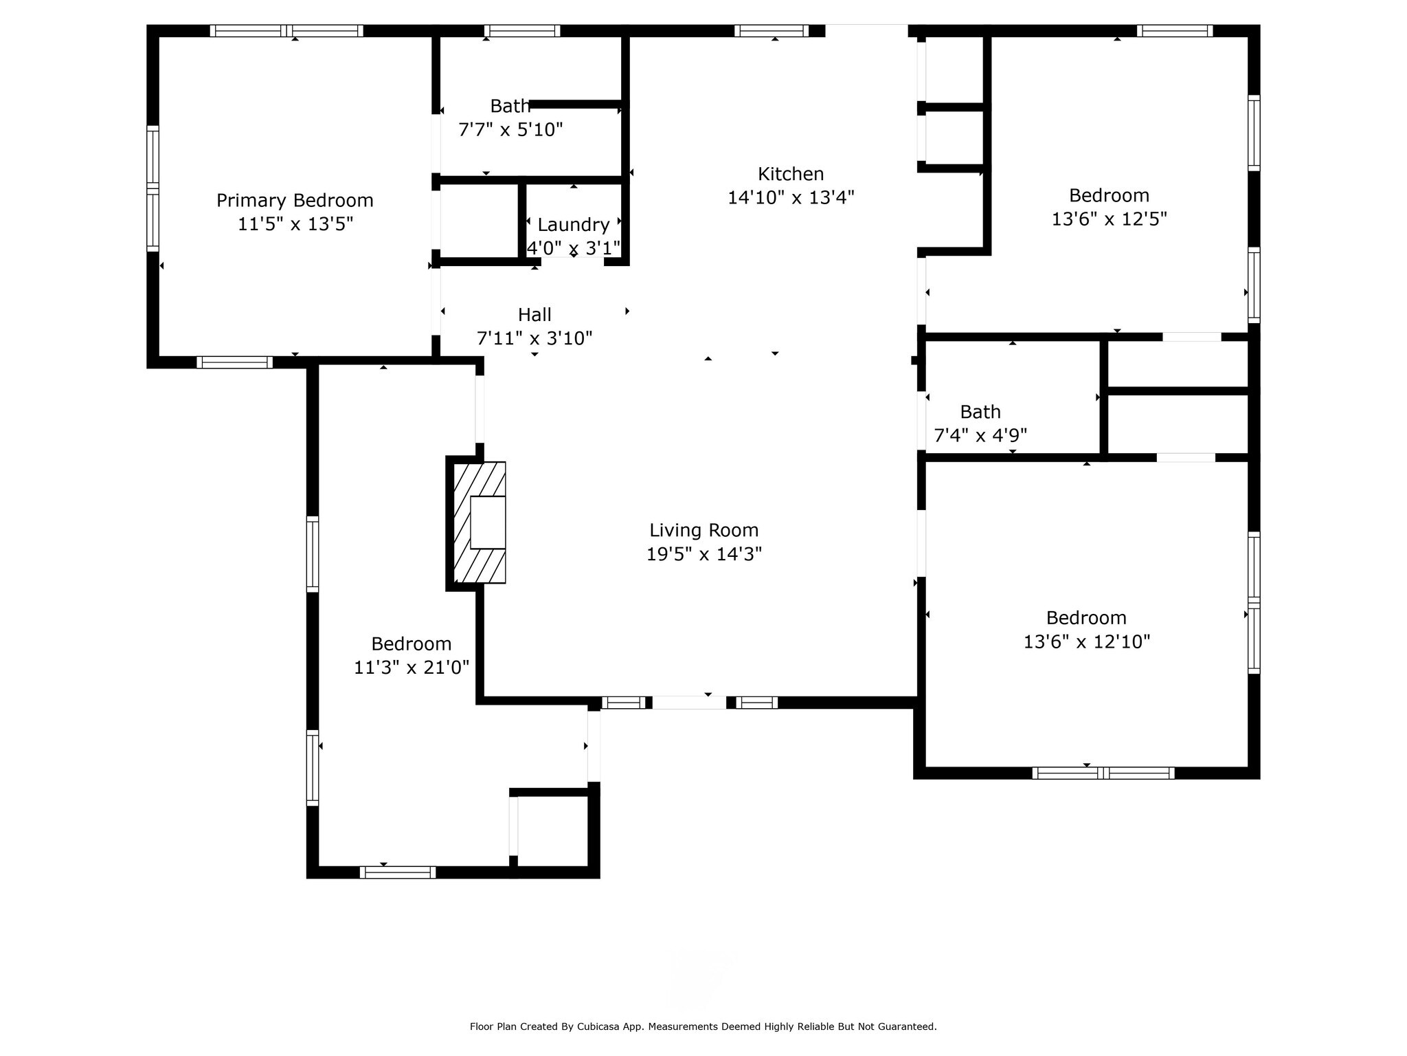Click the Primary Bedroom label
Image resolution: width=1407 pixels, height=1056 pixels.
tap(295, 201)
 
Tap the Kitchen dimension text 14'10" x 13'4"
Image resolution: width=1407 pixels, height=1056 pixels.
tap(791, 198)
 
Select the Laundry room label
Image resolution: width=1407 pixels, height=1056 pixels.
tap(574, 225)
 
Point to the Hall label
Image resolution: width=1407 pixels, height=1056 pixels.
tap(534, 315)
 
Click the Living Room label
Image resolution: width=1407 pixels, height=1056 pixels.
tap(704, 531)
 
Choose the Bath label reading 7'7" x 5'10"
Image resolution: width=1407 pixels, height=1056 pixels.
tap(510, 107)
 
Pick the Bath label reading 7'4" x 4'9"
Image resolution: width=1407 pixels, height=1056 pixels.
tap(980, 412)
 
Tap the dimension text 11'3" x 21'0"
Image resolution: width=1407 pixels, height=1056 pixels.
tap(412, 668)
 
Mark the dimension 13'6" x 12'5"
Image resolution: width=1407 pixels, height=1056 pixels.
tap(1110, 219)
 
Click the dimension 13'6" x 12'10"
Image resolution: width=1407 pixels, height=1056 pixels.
tap(1087, 641)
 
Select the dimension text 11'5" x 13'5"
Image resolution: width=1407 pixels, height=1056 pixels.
tap(295, 224)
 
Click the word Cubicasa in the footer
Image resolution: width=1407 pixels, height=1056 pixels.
tap(595, 1027)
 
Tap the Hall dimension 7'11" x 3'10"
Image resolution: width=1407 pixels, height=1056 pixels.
tap(534, 338)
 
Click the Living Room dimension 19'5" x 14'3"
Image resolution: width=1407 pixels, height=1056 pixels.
tap(704, 554)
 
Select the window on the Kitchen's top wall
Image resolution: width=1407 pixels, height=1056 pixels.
tap(772, 31)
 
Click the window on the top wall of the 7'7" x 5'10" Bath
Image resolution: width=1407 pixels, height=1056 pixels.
tap(522, 31)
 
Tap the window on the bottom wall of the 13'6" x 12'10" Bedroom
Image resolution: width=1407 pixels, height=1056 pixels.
tap(1103, 773)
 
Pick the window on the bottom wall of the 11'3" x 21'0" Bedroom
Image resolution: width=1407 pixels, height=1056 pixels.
tap(398, 872)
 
